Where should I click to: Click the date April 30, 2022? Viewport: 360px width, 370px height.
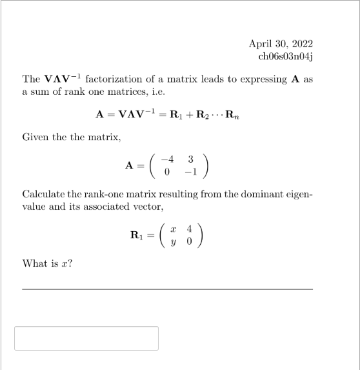coord(281,44)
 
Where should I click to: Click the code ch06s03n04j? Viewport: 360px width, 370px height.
coord(285,56)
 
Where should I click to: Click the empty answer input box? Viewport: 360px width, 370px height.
coord(86,338)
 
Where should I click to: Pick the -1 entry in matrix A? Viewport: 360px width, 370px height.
coord(190,171)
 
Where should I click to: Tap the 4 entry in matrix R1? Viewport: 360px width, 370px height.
coord(189,229)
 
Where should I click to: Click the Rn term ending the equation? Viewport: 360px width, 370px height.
coord(232,115)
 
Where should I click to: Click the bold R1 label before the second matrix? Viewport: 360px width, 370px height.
coord(137,234)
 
